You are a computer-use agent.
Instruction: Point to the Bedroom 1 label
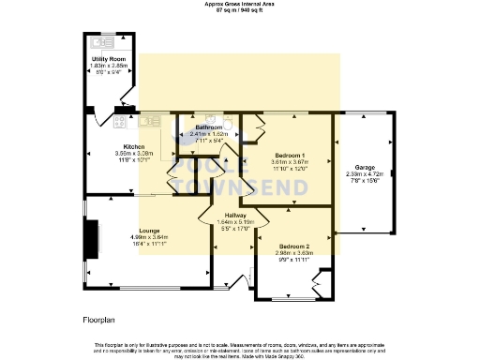290,155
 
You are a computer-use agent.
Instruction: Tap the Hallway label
235,214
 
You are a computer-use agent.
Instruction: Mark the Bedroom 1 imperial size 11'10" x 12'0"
290,169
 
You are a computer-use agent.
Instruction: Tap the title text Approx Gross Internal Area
240,4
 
